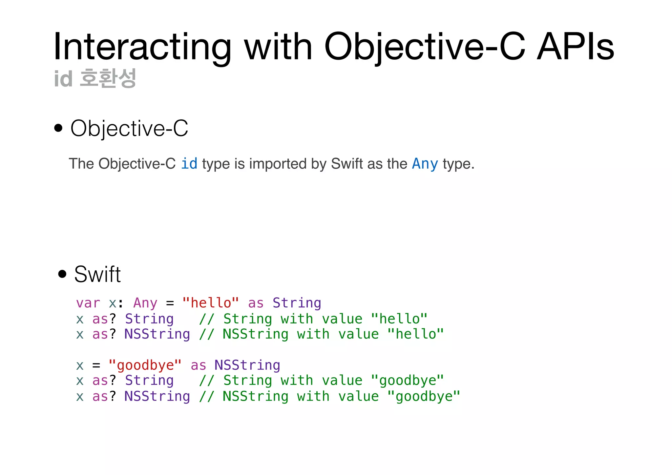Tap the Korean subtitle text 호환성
pyautogui.click(x=108, y=79)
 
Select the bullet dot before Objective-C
pyautogui.click(x=58, y=128)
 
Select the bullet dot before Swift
pyautogui.click(x=62, y=274)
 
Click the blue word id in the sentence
pyautogui.click(x=189, y=163)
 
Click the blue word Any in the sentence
pyautogui.click(x=425, y=163)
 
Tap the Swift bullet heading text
pyautogui.click(x=97, y=274)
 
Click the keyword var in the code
pyautogui.click(x=88, y=303)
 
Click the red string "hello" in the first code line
pyautogui.click(x=211, y=302)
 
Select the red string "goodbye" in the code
pyautogui.click(x=145, y=365)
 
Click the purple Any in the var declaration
pyautogui.click(x=145, y=303)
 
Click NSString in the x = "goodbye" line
pyautogui.click(x=247, y=365)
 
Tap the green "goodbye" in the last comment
pyautogui.click(x=424, y=396)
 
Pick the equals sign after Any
pyautogui.click(x=170, y=303)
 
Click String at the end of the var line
pyautogui.click(x=297, y=303)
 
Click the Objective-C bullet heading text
pyautogui.click(x=129, y=128)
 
